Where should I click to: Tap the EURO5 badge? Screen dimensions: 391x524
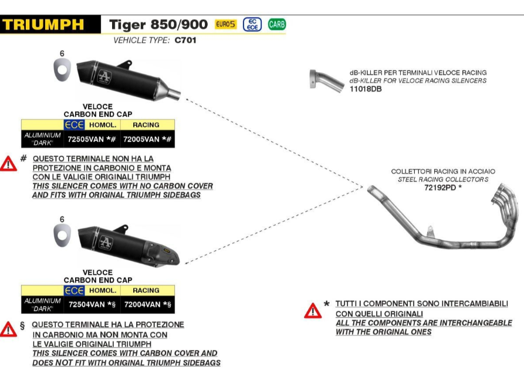click(225, 25)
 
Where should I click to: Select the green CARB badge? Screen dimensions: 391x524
click(276, 25)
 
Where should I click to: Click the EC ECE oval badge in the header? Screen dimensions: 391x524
click(252, 25)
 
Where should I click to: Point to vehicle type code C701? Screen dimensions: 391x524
click(185, 40)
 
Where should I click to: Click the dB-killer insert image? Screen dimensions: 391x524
click(322, 79)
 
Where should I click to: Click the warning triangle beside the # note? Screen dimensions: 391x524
click(9, 164)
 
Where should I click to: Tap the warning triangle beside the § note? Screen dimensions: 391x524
click(9, 329)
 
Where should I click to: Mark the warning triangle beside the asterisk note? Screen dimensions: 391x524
click(313, 310)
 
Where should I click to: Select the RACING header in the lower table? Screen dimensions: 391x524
click(146, 290)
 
